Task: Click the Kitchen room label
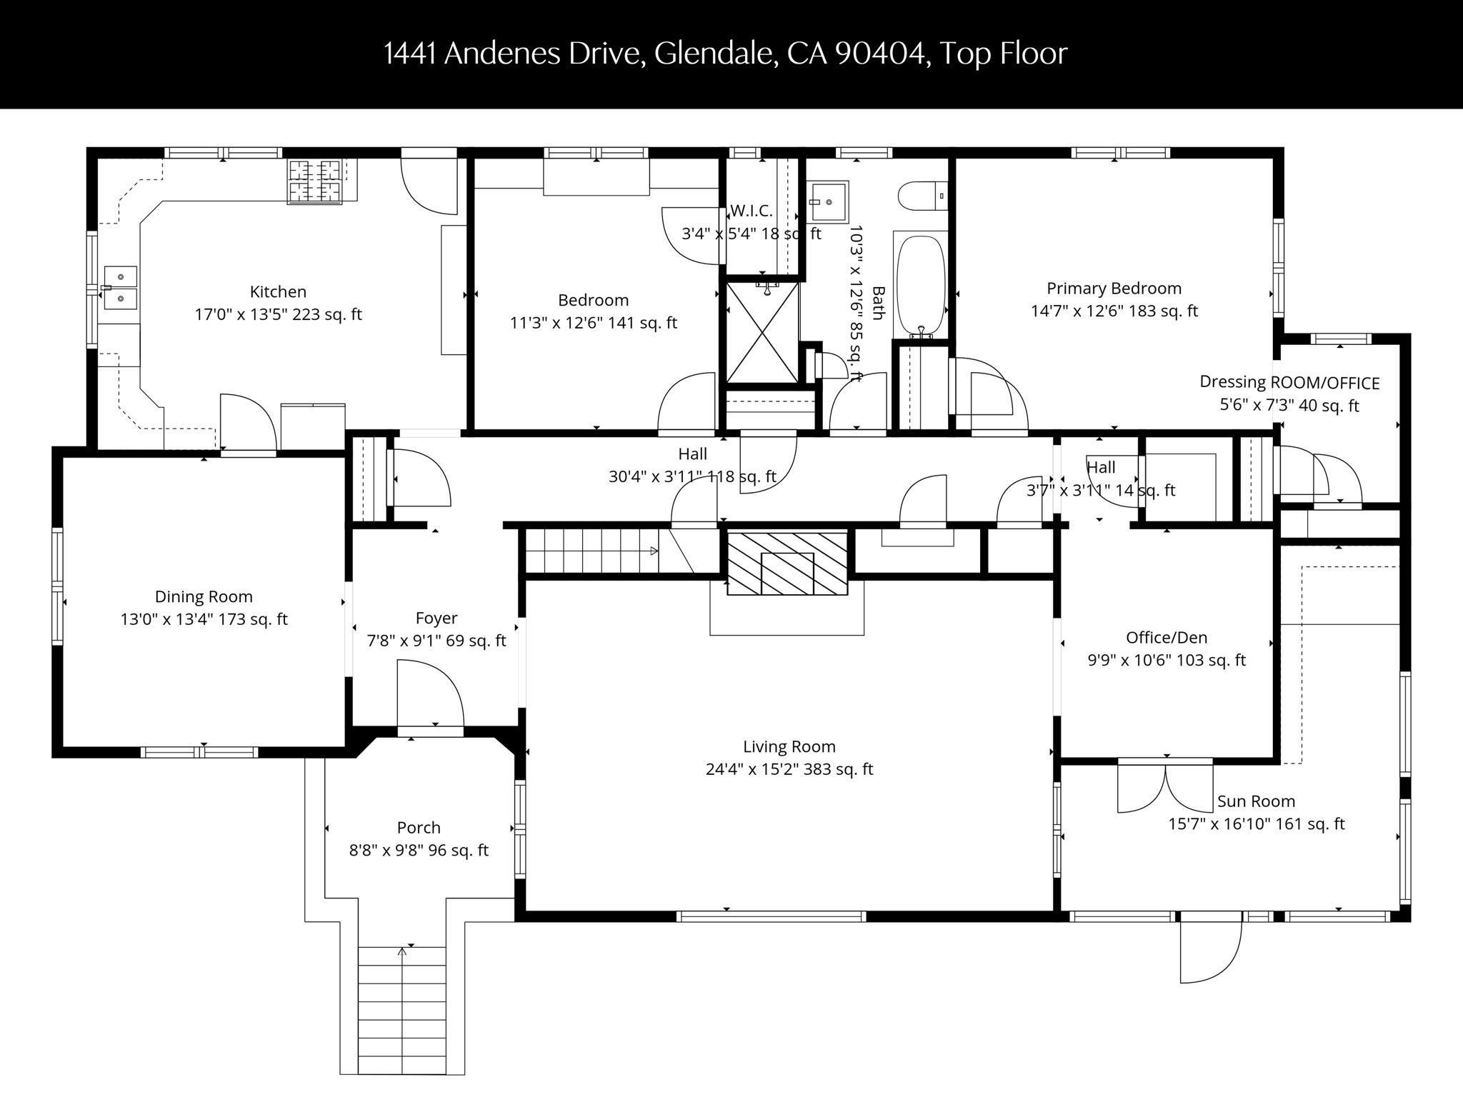[278, 291]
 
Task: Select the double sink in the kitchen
[120, 287]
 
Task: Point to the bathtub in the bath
[921, 286]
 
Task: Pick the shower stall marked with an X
[762, 331]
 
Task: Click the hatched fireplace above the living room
[787, 563]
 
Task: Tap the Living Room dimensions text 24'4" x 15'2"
[789, 769]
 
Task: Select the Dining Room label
[204, 596]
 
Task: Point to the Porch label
[419, 828]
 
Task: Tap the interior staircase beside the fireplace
[593, 551]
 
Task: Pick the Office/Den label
[1167, 638]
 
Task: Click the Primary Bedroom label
[1114, 289]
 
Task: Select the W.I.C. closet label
[752, 211]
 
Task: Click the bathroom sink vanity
[829, 202]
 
